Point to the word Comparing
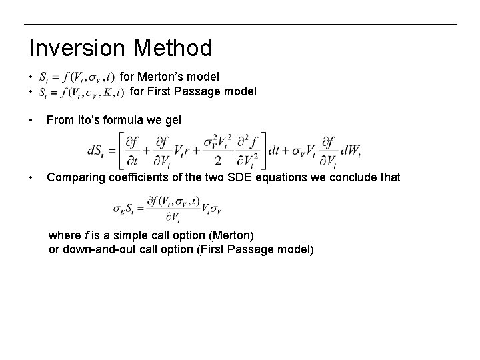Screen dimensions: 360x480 [x=74, y=177]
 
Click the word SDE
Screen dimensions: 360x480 [x=233, y=177]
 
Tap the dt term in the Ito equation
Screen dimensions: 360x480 [x=275, y=150]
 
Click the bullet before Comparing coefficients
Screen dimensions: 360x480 [x=31, y=177]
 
